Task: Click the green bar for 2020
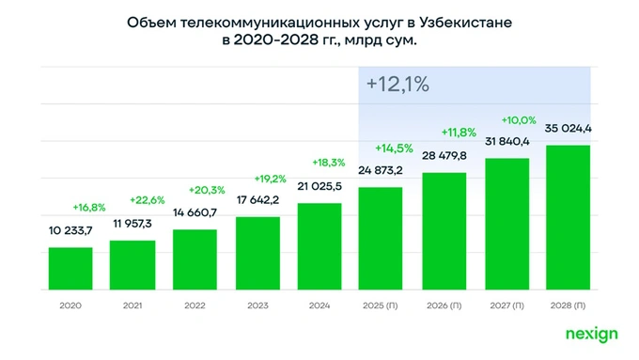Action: click(x=70, y=269)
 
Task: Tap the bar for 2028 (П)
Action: click(x=569, y=218)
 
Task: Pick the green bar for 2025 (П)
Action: click(x=382, y=239)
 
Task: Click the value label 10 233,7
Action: click(x=70, y=230)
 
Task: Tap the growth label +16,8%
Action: click(x=88, y=207)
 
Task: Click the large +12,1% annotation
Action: click(x=397, y=85)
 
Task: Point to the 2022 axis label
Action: click(x=195, y=306)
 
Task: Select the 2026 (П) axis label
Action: click(x=444, y=306)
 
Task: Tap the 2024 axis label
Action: click(x=319, y=306)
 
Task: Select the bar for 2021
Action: click(x=132, y=265)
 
